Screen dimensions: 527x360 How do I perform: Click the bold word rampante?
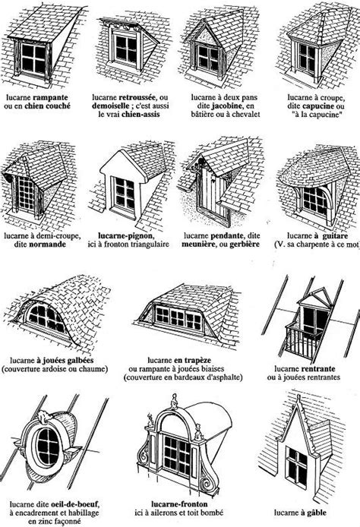[x=55, y=99]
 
